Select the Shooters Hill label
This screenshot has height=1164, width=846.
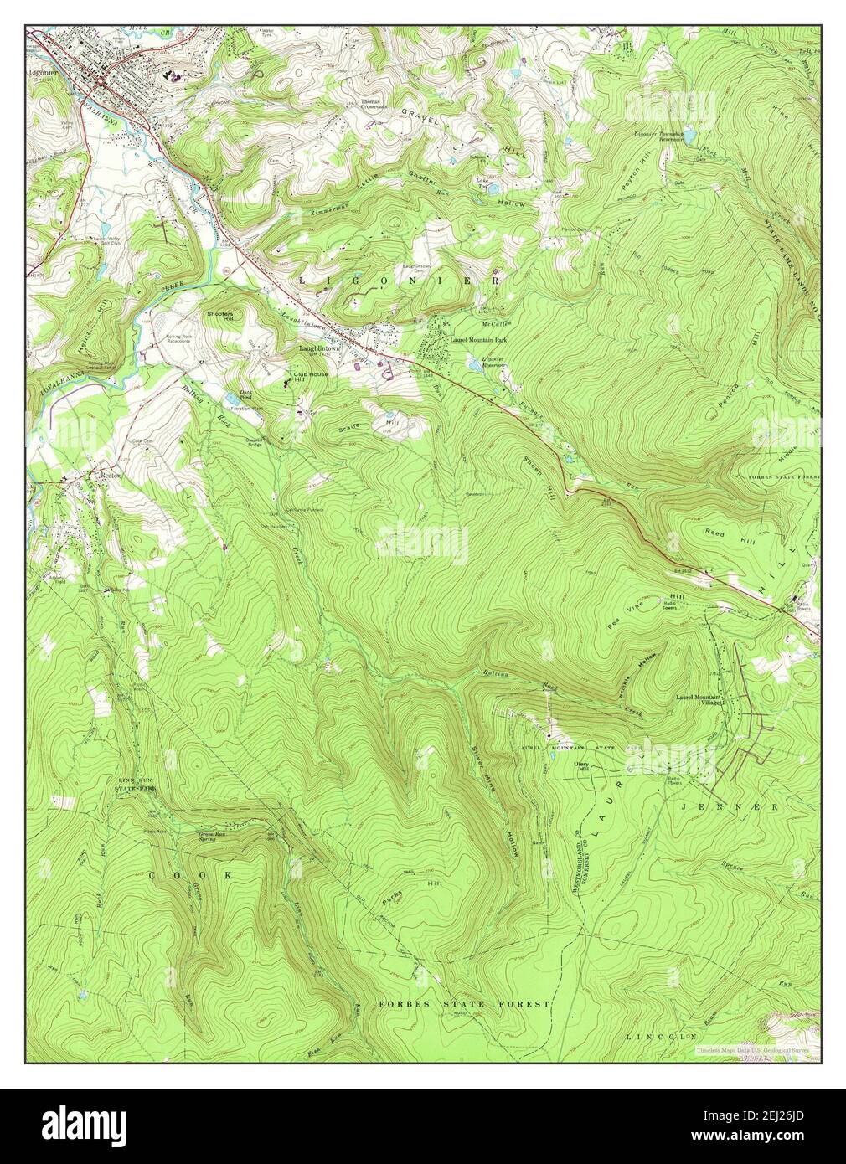[220, 316]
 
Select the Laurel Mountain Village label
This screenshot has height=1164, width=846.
[699, 699]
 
